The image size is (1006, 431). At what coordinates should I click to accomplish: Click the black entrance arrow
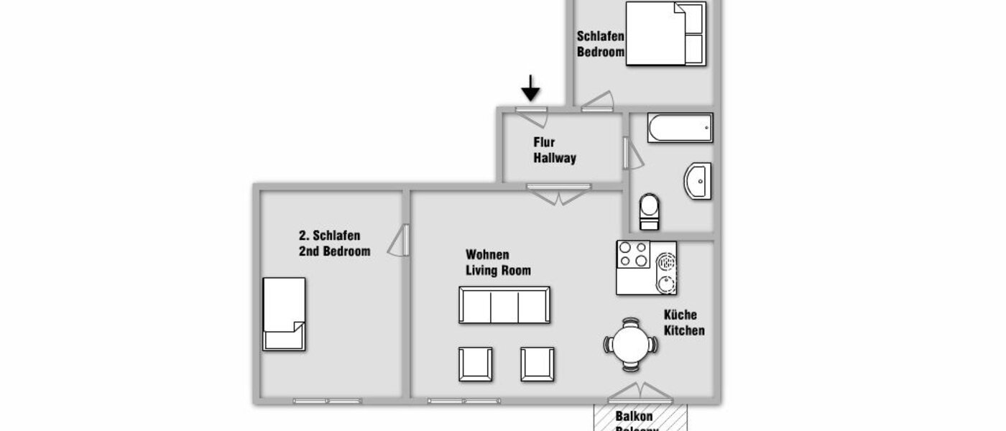[x=530, y=88]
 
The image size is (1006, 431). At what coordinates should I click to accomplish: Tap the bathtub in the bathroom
[x=680, y=128]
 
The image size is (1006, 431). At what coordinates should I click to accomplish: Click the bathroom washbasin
[x=697, y=182]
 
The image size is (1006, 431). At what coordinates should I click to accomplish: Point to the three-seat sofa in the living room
[x=504, y=305]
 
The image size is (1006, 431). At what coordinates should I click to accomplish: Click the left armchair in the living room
[x=476, y=363]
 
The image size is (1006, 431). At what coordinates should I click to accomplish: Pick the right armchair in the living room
[x=537, y=363]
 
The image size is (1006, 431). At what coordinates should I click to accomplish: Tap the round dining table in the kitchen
[x=630, y=345]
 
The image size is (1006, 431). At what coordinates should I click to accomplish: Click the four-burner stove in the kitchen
[x=633, y=254]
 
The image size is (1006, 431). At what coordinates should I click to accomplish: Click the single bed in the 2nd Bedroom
[x=284, y=314]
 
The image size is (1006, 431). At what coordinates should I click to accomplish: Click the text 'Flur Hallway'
[x=554, y=151]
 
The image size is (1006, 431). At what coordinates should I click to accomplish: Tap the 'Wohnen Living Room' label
[x=498, y=263]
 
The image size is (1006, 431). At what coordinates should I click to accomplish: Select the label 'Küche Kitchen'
[x=683, y=323]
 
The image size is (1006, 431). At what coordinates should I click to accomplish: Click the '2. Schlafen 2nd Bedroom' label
[x=334, y=244]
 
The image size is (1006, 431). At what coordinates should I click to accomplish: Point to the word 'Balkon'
[x=634, y=416]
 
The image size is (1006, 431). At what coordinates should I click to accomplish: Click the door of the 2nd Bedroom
[x=400, y=241]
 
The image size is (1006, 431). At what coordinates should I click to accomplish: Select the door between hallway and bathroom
[x=631, y=153]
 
